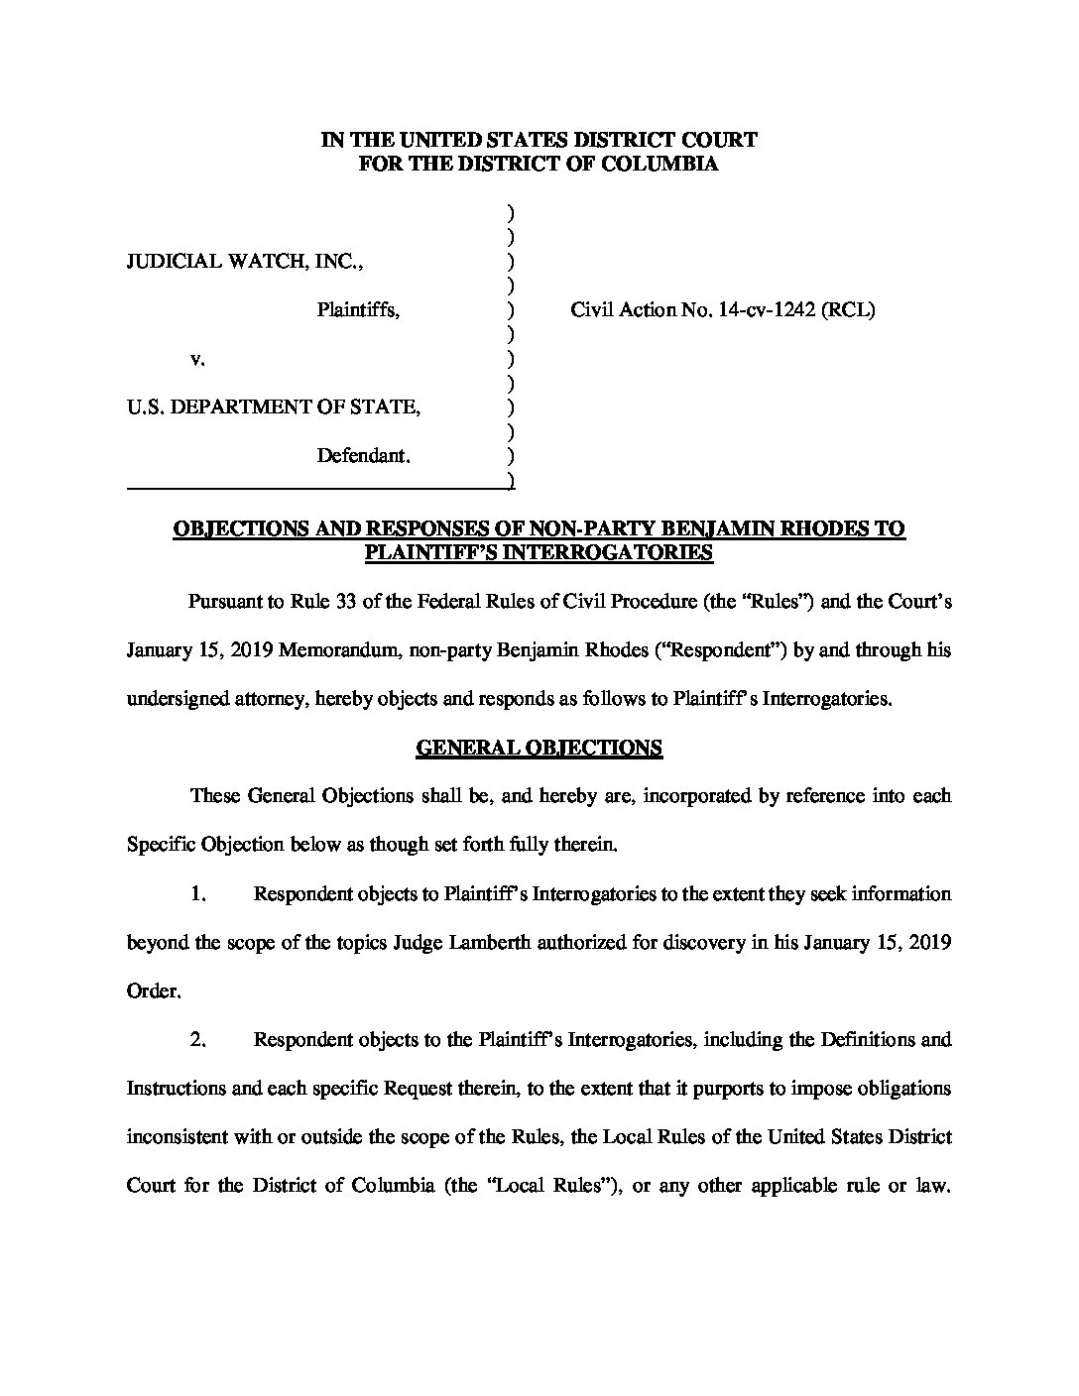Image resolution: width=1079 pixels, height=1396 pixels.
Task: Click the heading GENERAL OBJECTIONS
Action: (x=539, y=748)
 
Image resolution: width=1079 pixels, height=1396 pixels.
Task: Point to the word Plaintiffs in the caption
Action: (x=358, y=310)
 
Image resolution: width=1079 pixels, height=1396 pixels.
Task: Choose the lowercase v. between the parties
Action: (x=197, y=359)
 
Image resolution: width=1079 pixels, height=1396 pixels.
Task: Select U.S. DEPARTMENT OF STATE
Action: (x=274, y=407)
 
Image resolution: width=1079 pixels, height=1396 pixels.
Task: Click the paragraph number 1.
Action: (x=197, y=893)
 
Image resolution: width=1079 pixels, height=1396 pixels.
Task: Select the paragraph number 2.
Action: (x=197, y=1039)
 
